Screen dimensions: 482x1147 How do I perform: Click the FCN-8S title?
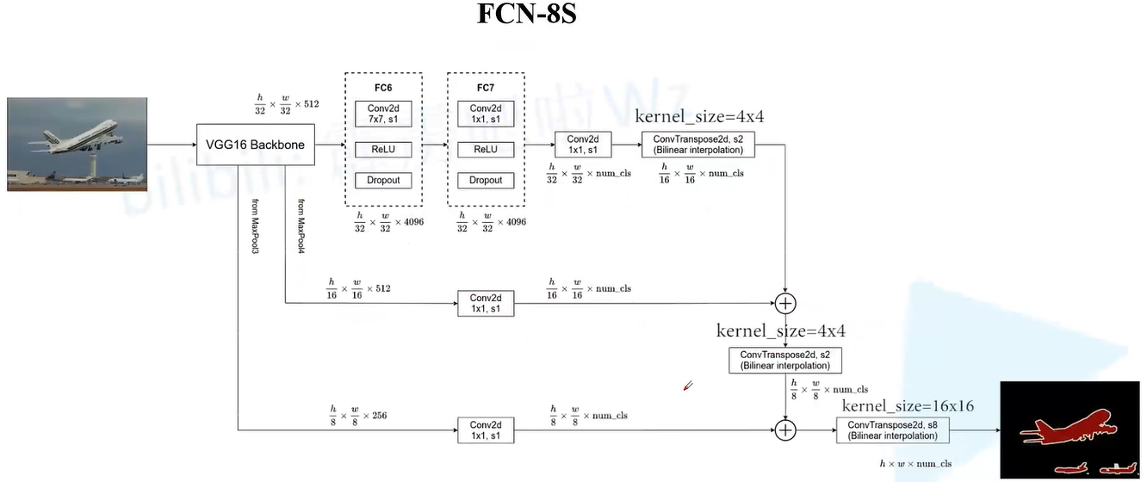pyautogui.click(x=526, y=15)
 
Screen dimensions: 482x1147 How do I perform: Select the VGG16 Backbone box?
pyautogui.click(x=255, y=145)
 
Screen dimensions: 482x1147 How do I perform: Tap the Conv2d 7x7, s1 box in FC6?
pyautogui.click(x=383, y=114)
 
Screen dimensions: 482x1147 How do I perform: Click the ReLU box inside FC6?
pyautogui.click(x=383, y=150)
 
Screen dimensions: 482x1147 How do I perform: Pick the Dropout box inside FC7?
pyautogui.click(x=486, y=180)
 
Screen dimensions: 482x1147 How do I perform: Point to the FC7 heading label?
pyautogui.click(x=486, y=88)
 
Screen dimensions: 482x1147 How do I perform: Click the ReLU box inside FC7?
pyautogui.click(x=486, y=150)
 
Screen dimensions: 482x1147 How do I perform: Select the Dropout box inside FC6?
pyautogui.click(x=383, y=180)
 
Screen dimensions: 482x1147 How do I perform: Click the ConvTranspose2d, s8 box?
pyautogui.click(x=892, y=430)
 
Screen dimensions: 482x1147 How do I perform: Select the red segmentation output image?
pyautogui.click(x=1069, y=429)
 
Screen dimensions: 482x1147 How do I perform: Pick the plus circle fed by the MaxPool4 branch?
pyautogui.click(x=785, y=303)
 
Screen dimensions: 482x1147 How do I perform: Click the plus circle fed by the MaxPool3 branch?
pyautogui.click(x=785, y=429)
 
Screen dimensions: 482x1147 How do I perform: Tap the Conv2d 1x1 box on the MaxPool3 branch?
pyautogui.click(x=486, y=430)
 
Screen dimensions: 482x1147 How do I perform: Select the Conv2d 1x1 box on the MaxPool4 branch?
pyautogui.click(x=486, y=304)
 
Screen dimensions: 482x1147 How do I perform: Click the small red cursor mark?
pyautogui.click(x=687, y=386)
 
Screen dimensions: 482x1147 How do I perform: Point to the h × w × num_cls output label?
pyautogui.click(x=915, y=464)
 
